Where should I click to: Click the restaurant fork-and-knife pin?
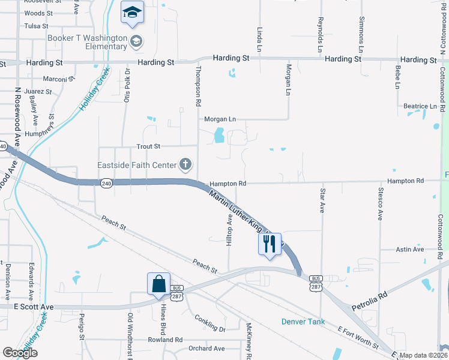click(x=270, y=244)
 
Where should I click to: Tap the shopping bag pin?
click(x=158, y=284)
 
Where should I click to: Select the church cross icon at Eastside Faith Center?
click(x=185, y=164)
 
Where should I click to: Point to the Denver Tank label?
click(x=303, y=322)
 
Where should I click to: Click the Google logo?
click(x=20, y=353)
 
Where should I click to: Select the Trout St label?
click(x=148, y=146)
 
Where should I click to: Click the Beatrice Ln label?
click(x=420, y=106)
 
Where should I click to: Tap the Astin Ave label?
click(x=410, y=249)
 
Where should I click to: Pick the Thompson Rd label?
click(x=197, y=86)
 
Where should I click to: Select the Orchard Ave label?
click(x=206, y=349)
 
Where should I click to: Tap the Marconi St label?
click(x=59, y=79)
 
